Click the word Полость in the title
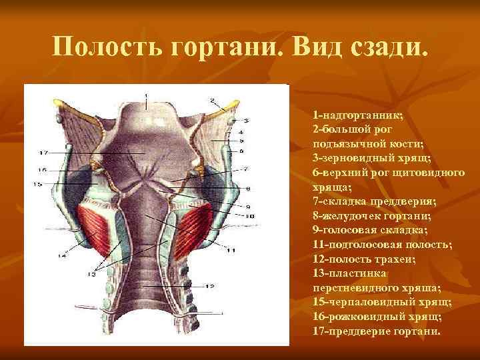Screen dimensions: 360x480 99,49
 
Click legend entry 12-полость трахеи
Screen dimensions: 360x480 363,259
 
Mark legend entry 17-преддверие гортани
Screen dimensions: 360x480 376,331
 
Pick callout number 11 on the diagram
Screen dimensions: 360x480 231,250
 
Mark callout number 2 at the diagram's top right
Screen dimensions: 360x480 211,101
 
